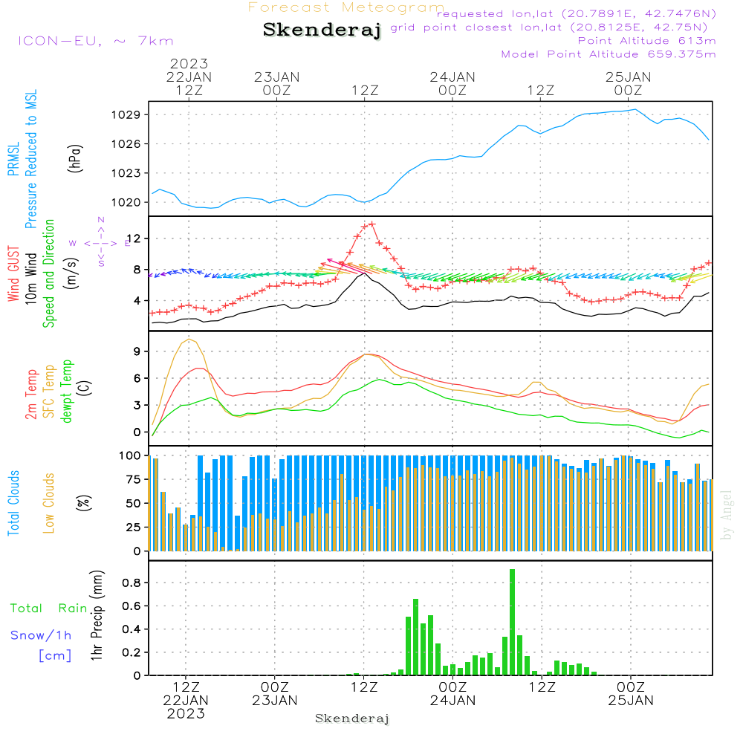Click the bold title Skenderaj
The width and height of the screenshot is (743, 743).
pos(322,30)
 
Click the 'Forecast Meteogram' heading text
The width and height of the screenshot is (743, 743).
pos(346,7)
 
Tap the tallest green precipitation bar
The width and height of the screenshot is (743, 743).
pos(512,622)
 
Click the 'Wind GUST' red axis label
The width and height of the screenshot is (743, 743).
pos(14,275)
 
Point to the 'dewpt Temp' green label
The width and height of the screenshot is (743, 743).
pos(68,392)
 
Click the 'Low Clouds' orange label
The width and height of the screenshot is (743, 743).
pos(49,503)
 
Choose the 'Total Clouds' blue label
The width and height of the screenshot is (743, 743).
pos(14,503)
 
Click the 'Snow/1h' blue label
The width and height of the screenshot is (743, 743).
pos(41,635)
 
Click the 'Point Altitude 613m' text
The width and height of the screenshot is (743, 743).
pos(646,41)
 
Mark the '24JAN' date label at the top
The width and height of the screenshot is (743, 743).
pos(452,77)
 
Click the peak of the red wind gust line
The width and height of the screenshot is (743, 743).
pos(369,224)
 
